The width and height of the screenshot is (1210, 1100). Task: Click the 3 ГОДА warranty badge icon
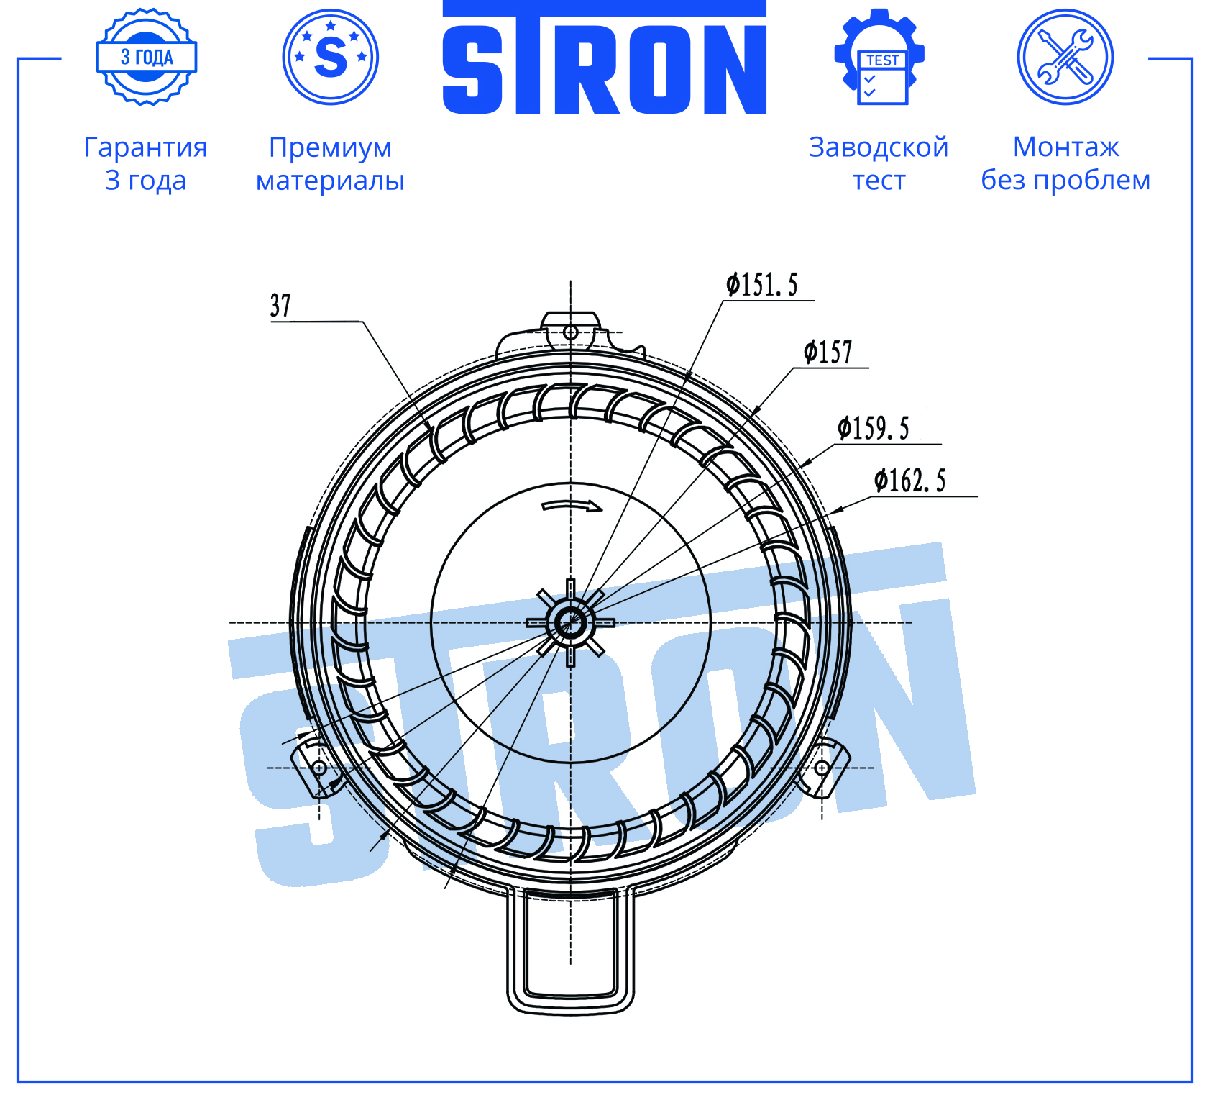tap(147, 57)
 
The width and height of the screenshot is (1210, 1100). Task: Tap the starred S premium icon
tap(331, 57)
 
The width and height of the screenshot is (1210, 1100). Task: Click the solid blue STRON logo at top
tap(605, 58)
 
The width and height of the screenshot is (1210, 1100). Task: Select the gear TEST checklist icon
tap(879, 57)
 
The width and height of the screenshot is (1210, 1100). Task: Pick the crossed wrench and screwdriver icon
tap(1065, 57)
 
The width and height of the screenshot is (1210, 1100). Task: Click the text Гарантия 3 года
tap(146, 163)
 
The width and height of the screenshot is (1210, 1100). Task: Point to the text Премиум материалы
tap(331, 163)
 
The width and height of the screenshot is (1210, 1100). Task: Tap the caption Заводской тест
tap(879, 163)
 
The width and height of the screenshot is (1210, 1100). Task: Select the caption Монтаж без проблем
tap(1065, 163)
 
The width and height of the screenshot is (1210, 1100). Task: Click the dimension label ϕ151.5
tap(762, 285)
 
